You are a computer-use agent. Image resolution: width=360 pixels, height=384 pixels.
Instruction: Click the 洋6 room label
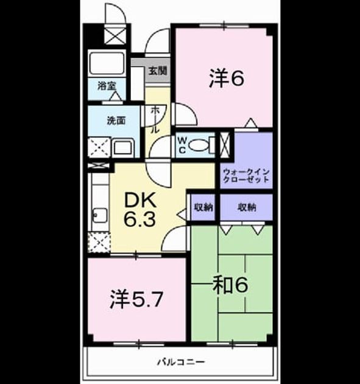[x=227, y=79]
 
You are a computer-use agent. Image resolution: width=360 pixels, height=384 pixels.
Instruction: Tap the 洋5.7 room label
[x=136, y=299]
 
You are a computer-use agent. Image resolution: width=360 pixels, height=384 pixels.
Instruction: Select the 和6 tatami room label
[x=230, y=285]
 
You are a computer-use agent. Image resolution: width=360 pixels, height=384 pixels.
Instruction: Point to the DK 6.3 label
[x=140, y=210]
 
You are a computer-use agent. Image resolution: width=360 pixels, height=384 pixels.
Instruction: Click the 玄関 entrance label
[x=158, y=71]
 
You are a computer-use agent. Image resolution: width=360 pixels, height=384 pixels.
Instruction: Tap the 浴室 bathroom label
[x=107, y=86]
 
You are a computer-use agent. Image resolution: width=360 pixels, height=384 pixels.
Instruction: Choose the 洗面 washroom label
[x=116, y=121]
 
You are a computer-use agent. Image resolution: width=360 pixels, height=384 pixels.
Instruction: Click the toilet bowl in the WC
[x=199, y=146]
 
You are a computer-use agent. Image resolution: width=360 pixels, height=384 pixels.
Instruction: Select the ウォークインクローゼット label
[x=247, y=176]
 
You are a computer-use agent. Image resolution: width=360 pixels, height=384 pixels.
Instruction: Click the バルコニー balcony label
[x=181, y=361]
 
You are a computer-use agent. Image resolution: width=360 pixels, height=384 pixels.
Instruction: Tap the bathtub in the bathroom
[x=107, y=63]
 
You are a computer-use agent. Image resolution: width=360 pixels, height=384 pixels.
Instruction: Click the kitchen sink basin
[x=101, y=216]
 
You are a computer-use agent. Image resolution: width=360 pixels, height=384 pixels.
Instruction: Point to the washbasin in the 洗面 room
[x=123, y=148]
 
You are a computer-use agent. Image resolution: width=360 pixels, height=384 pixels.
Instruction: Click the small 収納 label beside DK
[x=203, y=208]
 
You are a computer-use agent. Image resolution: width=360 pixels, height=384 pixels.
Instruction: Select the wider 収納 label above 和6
[x=247, y=208]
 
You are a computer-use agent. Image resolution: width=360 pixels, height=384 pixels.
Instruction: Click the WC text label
[x=182, y=145]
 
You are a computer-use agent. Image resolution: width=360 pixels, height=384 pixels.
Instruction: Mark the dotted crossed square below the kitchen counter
[x=99, y=243]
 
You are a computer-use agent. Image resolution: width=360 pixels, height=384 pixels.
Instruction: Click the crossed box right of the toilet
[x=225, y=144]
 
